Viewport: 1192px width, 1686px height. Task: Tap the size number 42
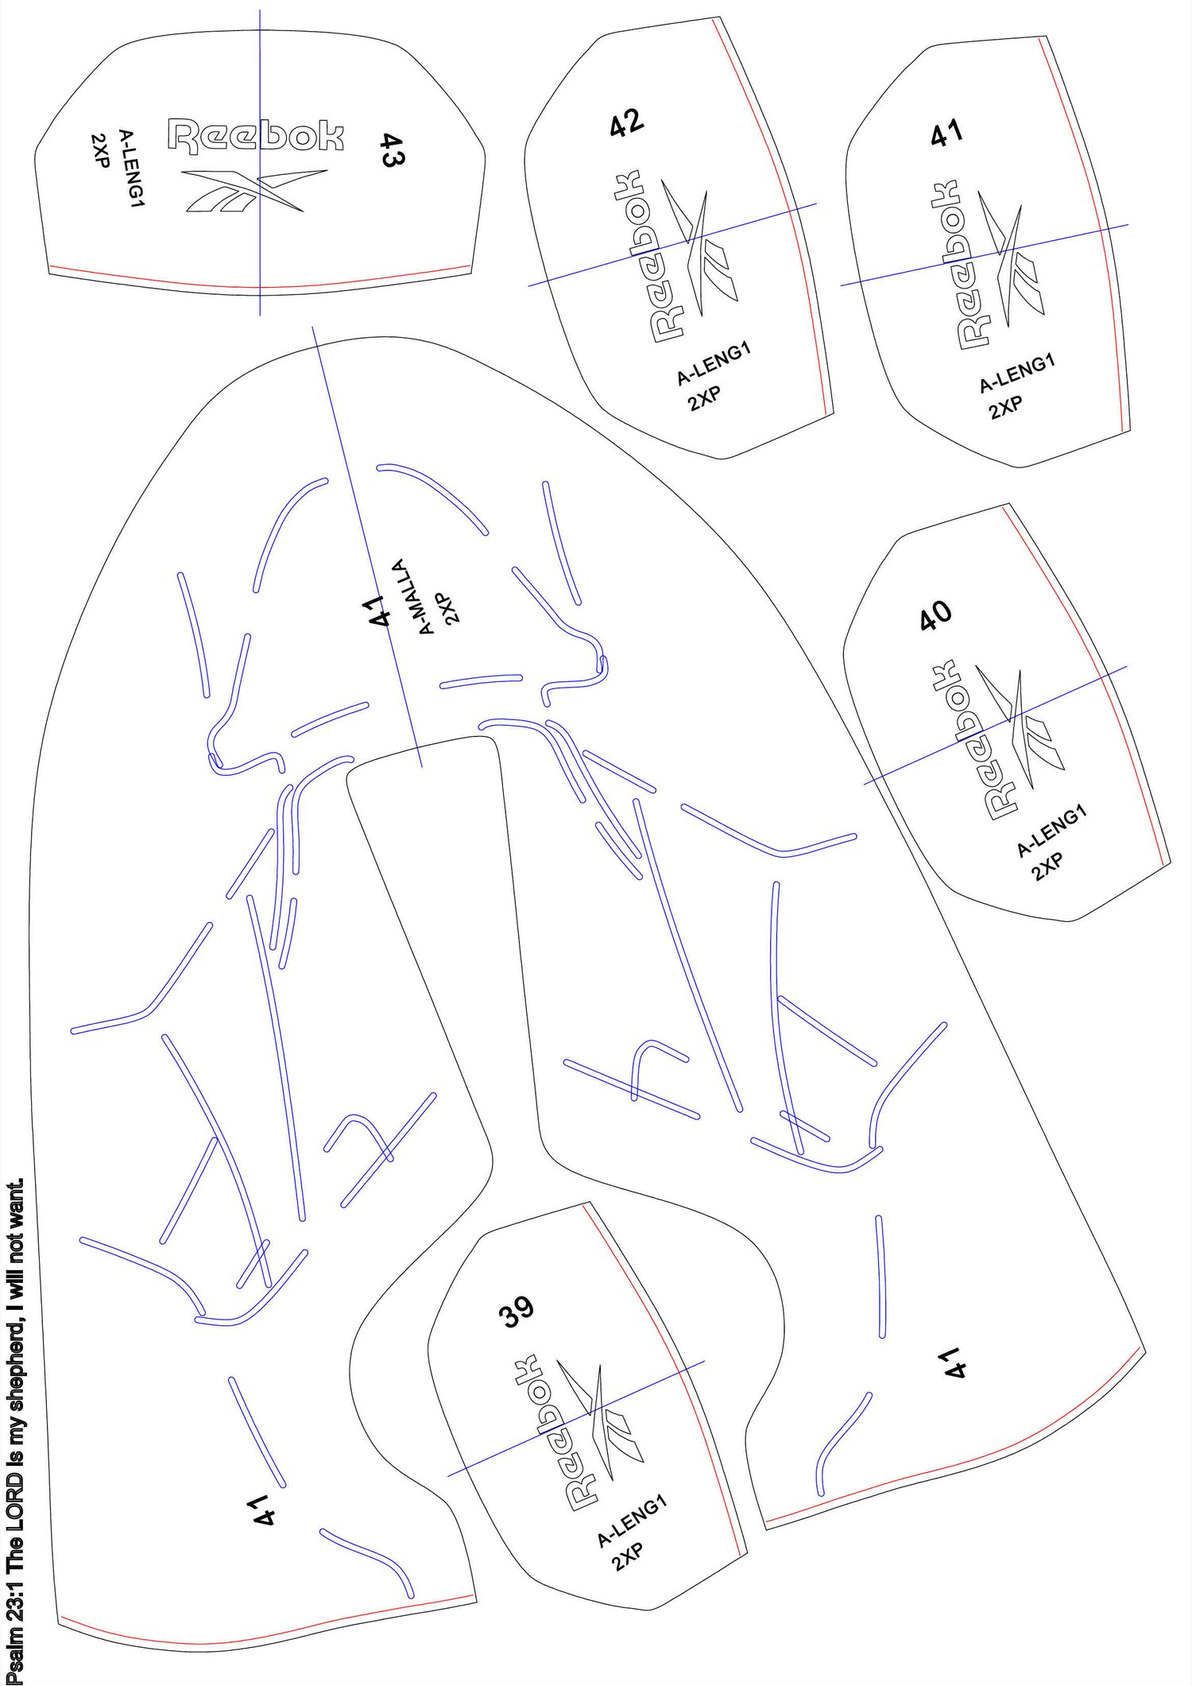626,122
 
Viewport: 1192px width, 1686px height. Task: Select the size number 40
935,614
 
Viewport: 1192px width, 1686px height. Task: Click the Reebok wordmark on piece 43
256,135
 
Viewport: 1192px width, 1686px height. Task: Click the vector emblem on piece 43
254,191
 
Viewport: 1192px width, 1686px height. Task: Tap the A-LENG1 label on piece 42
713,364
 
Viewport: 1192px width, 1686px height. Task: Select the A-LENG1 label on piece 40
1051,831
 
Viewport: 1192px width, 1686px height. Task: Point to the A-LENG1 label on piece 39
632,1521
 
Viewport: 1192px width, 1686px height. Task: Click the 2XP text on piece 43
100,149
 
